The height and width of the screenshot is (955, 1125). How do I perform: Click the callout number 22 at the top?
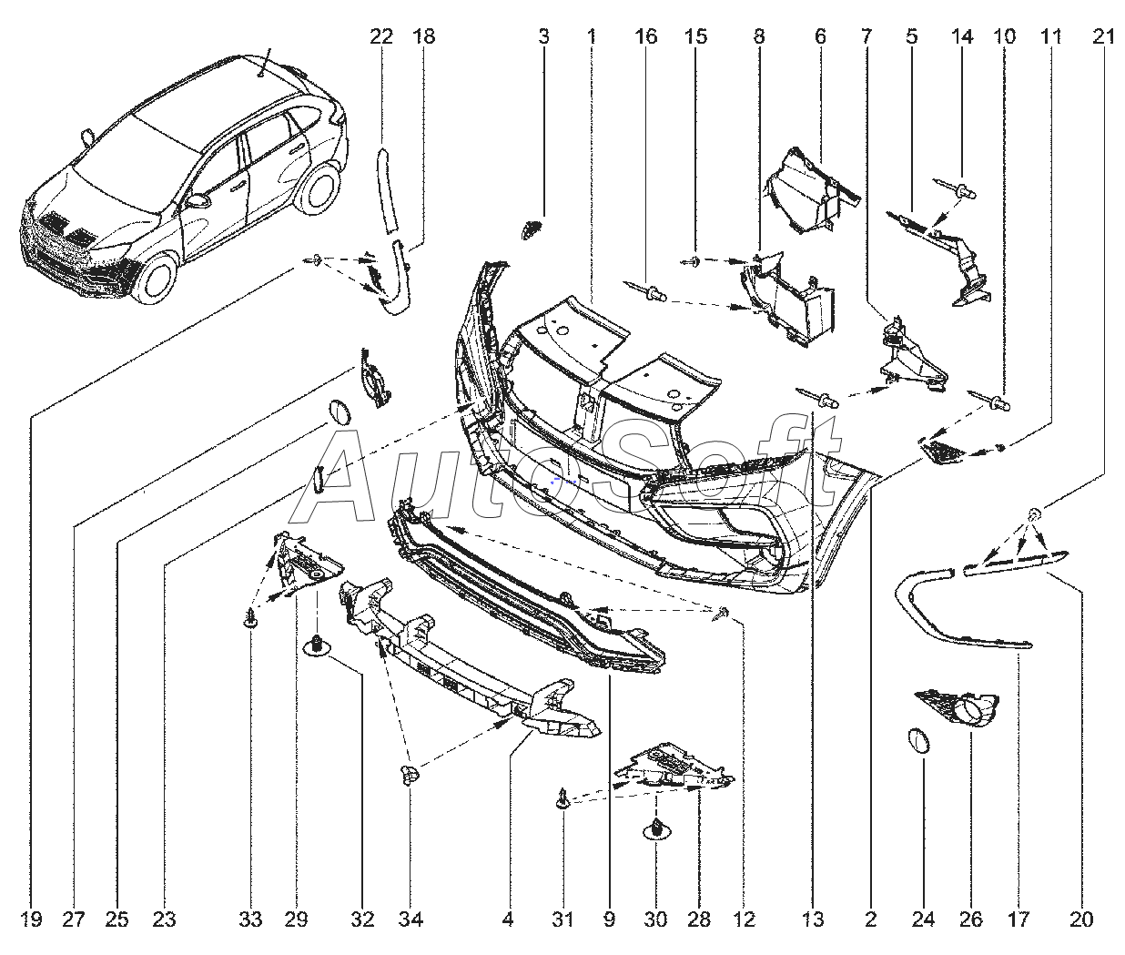tap(381, 36)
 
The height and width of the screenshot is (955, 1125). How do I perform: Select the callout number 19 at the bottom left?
tap(32, 919)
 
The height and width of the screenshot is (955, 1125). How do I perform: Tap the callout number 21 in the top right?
tap(1103, 36)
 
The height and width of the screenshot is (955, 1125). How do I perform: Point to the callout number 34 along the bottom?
tap(410, 919)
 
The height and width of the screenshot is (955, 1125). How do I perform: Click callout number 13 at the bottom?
tap(813, 919)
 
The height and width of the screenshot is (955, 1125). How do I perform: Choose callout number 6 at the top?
tap(820, 36)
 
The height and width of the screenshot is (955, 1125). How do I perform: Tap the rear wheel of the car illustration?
tap(319, 188)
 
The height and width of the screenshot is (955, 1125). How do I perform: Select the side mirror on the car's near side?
tap(198, 201)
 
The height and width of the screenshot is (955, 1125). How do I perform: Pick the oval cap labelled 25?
tap(338, 412)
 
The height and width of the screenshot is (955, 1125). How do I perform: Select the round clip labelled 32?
tap(317, 646)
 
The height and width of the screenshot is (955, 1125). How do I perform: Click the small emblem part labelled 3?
tap(532, 228)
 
